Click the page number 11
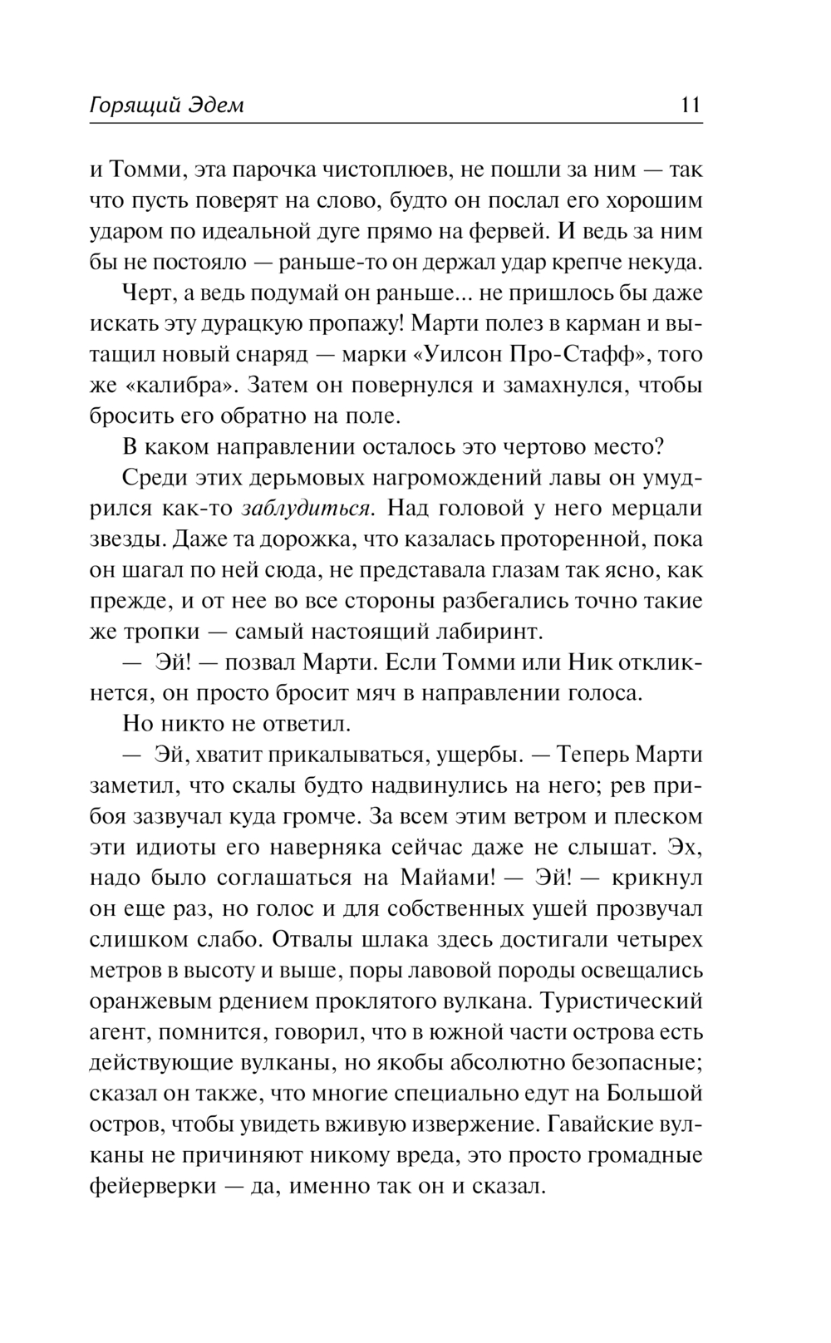pyautogui.click(x=691, y=106)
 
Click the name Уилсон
pyautogui.click(x=476, y=354)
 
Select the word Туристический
pyautogui.click(x=626, y=1001)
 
